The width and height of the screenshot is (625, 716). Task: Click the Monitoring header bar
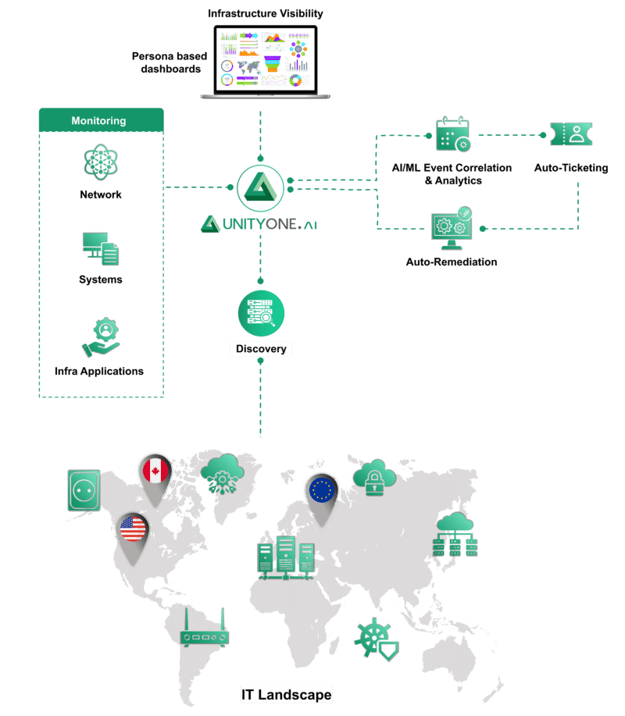tap(101, 121)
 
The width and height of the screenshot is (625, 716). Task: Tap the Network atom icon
tap(100, 163)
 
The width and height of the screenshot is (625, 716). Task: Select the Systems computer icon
tap(100, 248)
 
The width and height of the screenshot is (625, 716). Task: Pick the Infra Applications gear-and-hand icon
tap(100, 338)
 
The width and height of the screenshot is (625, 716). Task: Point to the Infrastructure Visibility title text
tap(265, 14)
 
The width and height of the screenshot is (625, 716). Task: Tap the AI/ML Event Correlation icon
tap(452, 134)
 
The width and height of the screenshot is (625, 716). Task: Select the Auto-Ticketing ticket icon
tap(570, 135)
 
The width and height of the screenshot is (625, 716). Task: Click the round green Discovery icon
tap(259, 311)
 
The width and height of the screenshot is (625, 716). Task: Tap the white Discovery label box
tap(260, 349)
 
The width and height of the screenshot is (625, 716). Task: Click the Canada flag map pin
tap(155, 472)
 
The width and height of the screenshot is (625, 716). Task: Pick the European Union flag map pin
tap(321, 493)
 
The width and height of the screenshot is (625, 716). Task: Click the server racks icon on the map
tap(287, 557)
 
